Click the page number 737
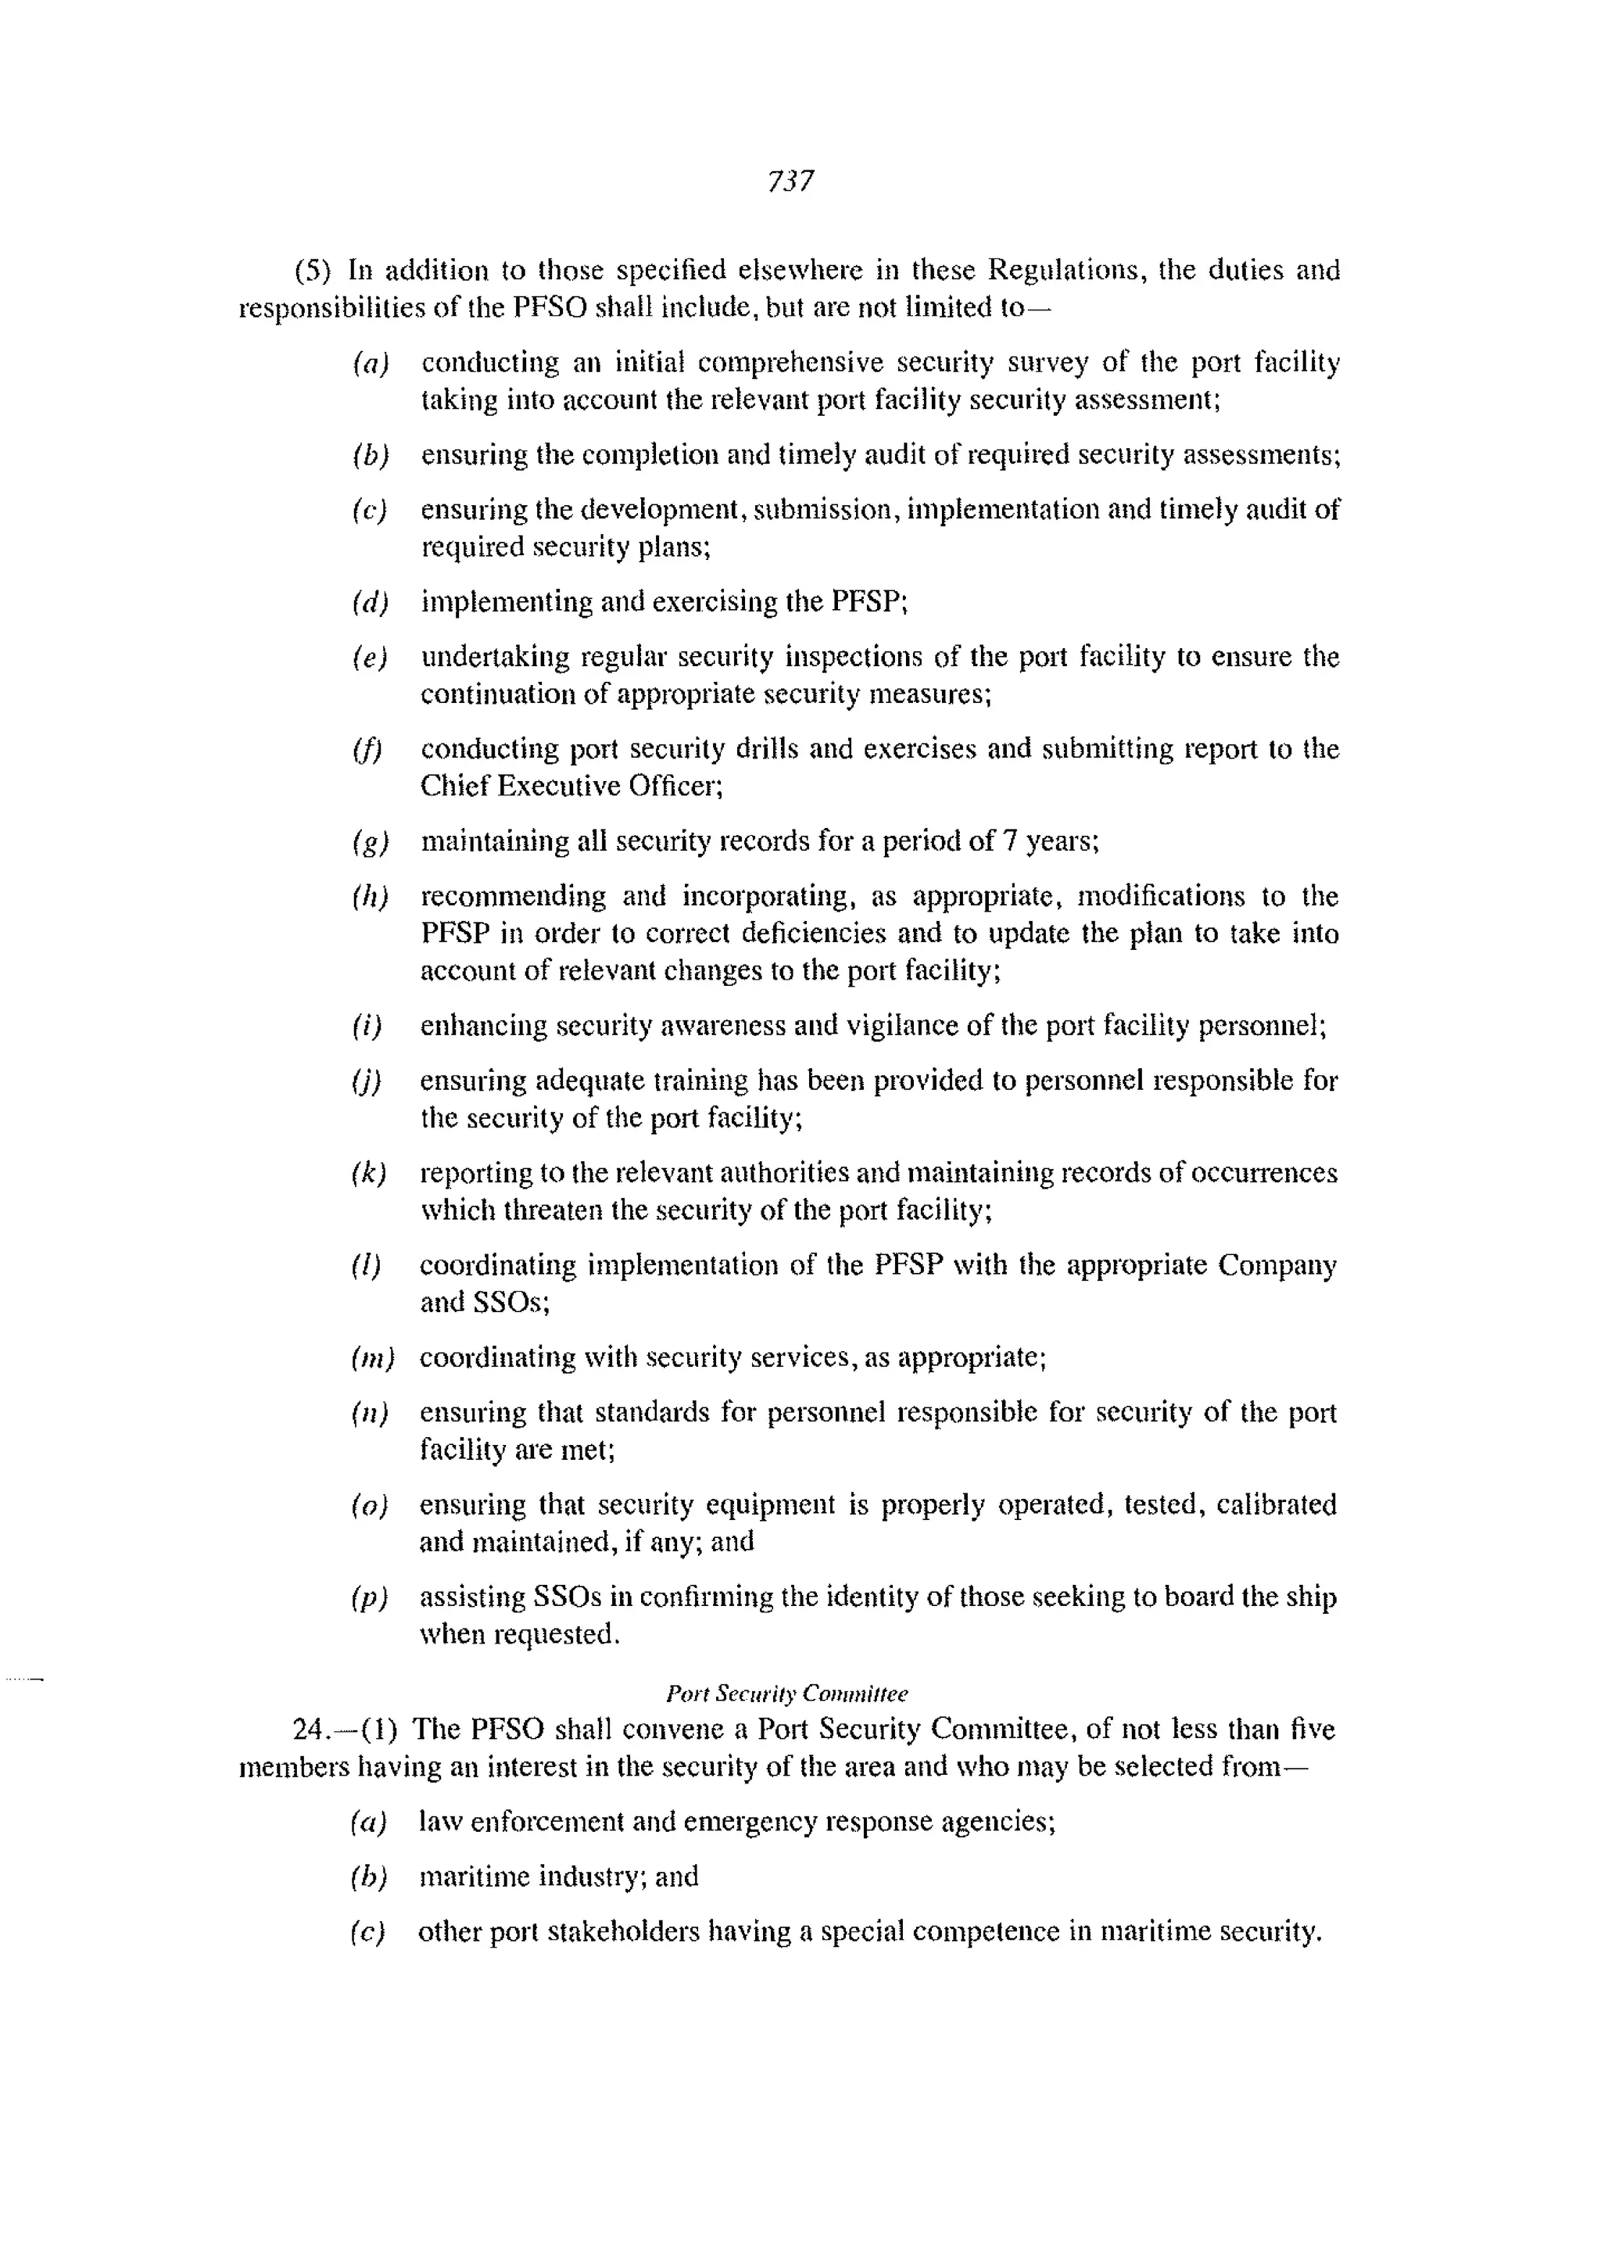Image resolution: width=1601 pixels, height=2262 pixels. click(790, 181)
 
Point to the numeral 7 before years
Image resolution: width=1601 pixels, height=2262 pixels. click(1009, 841)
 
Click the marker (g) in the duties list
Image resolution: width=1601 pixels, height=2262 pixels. click(370, 842)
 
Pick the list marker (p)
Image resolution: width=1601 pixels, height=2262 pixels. click(369, 1597)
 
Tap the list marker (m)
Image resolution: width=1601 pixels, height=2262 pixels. click(371, 1359)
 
